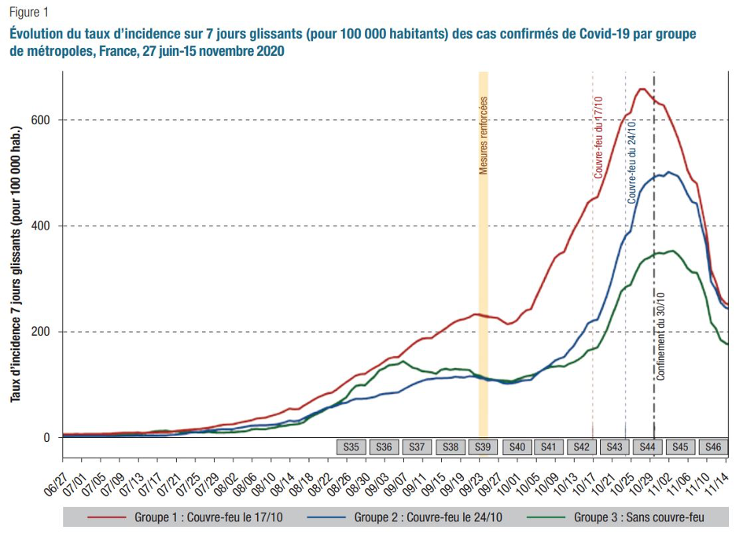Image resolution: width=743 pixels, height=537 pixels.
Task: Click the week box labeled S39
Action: coord(483,447)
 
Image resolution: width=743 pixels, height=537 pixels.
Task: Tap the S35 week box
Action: coord(351,447)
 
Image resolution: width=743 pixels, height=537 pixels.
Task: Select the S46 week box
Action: coord(712,447)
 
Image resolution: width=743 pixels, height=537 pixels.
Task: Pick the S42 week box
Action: coord(582,447)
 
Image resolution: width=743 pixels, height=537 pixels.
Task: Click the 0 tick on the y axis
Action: coord(52,438)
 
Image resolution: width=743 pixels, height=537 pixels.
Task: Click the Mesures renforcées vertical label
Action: coord(484,134)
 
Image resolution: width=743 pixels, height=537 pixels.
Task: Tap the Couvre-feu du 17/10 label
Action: coord(598,137)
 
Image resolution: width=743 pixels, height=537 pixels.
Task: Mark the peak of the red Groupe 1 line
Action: coord(642,89)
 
